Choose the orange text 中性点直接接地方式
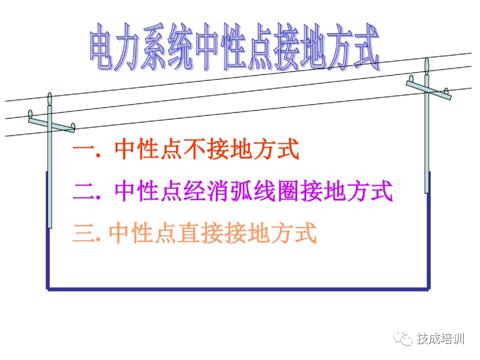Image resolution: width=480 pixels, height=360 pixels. (x=213, y=233)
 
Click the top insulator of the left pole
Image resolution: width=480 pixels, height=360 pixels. (x=49, y=98)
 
